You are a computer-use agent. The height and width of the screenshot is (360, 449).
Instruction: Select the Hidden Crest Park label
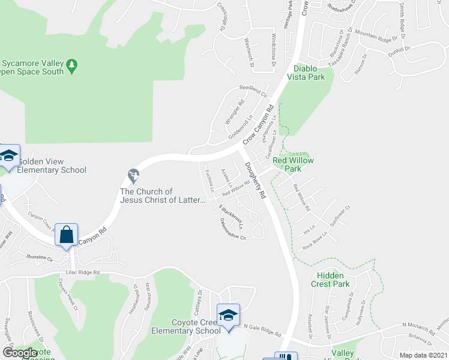330,280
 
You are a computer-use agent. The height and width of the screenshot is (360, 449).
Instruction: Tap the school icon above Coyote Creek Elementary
228,316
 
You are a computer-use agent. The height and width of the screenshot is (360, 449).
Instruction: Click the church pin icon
133,176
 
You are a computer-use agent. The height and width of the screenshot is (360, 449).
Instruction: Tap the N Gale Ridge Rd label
263,331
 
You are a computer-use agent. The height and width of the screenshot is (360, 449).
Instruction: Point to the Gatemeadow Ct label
233,229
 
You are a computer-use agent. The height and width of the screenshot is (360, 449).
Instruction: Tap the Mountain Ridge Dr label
376,35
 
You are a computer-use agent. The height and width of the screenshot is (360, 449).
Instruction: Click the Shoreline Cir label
41,256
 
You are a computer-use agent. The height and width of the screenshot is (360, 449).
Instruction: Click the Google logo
20,353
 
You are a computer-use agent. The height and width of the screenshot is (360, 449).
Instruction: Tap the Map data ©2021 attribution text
424,355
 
